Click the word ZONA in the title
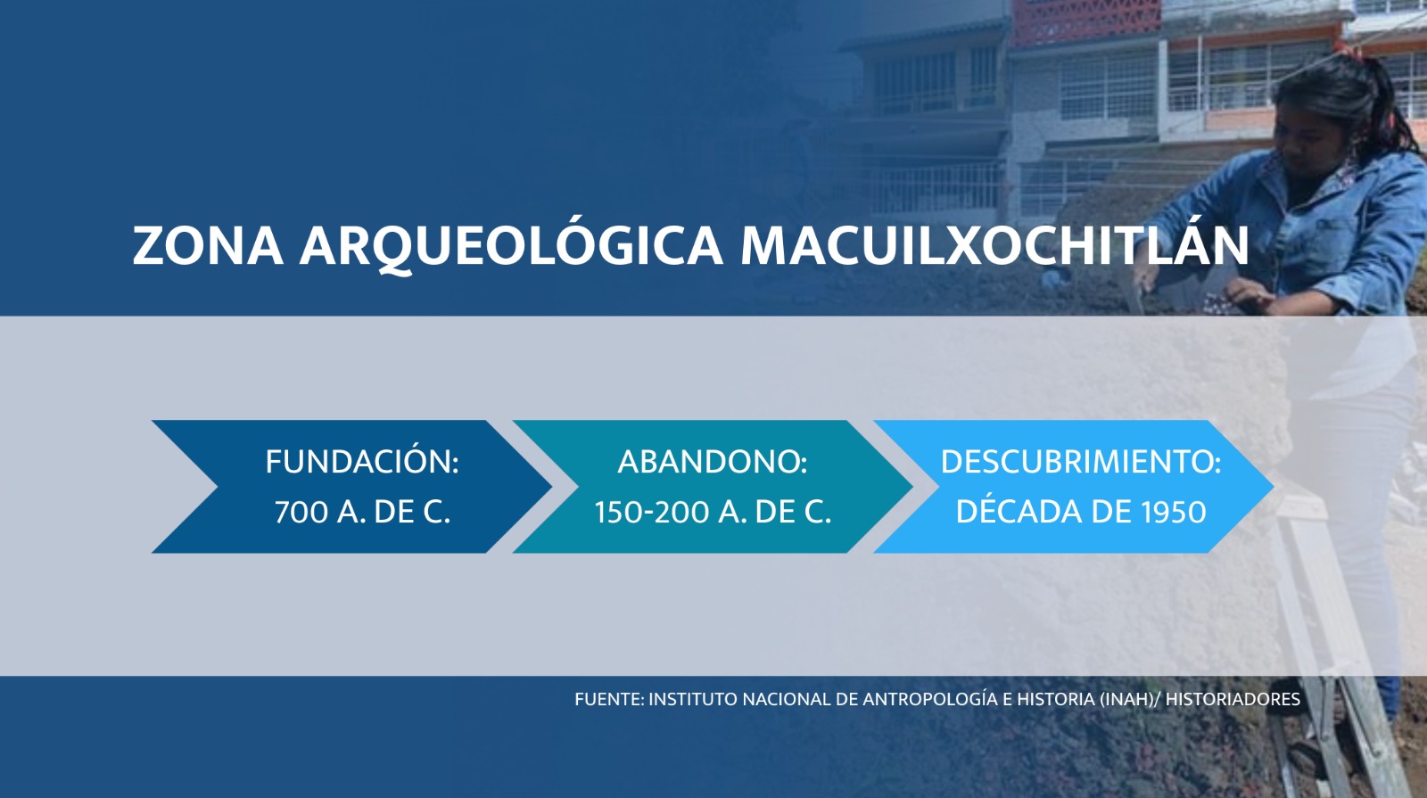[208, 245]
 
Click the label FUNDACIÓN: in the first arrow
[362, 462]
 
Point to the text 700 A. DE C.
[362, 512]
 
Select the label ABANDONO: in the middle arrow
[713, 462]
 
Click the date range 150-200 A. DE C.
[713, 512]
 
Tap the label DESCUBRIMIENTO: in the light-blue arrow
[1080, 462]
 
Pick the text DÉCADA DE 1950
[1081, 511]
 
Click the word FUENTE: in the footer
[610, 699]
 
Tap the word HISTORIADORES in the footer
[1233, 699]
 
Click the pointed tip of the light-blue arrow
[1274, 487]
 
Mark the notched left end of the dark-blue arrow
[218, 487]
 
